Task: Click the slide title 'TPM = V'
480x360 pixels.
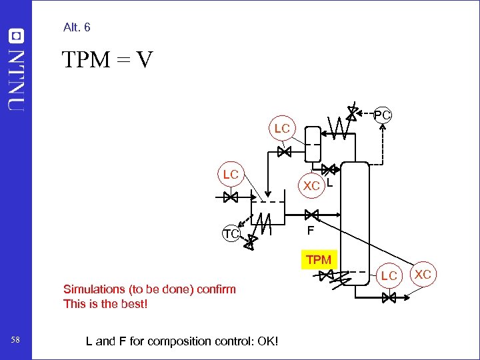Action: [107, 61]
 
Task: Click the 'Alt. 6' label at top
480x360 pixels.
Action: [77, 27]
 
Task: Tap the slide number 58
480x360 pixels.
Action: [15, 341]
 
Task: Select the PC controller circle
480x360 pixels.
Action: [382, 115]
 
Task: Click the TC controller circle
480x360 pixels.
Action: [231, 234]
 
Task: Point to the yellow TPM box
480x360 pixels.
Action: [319, 259]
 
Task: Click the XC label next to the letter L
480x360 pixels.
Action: [311, 186]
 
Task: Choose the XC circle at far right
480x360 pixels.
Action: [423, 274]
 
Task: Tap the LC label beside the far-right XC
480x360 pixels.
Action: [389, 275]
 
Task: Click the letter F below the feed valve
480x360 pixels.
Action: [310, 232]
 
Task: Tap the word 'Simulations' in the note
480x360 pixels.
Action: [94, 289]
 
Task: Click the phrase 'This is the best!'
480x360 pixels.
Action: [105, 304]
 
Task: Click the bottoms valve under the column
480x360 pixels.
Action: [389, 298]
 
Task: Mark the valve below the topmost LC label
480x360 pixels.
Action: [284, 152]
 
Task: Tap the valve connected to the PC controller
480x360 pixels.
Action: [352, 113]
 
